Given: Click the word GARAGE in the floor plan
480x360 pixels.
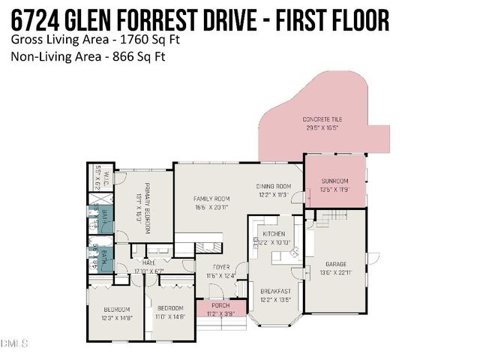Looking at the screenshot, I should (x=335, y=264).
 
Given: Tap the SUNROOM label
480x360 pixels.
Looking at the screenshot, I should (x=335, y=181).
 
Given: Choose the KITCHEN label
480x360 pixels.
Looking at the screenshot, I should (x=274, y=234).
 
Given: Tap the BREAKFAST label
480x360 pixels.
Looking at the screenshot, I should (x=274, y=291).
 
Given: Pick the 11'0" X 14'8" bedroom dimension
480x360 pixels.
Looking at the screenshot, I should (x=169, y=317).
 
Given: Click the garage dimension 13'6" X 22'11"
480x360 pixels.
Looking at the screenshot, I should (x=335, y=272).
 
